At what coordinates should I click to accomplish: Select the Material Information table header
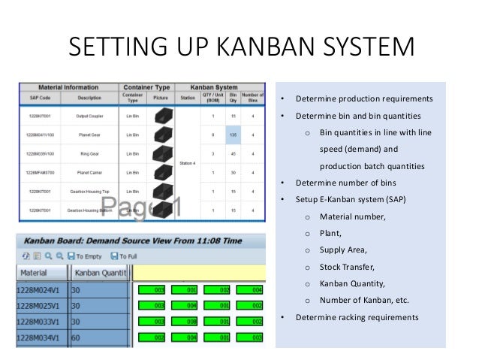68,86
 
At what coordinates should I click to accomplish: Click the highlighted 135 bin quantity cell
233,135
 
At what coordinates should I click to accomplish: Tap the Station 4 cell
188,163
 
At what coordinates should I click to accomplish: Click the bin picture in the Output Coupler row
160,116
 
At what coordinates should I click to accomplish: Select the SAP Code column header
40,98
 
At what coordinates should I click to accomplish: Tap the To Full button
126,256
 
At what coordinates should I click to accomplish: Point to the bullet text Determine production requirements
363,99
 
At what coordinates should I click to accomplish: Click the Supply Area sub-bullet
345,250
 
